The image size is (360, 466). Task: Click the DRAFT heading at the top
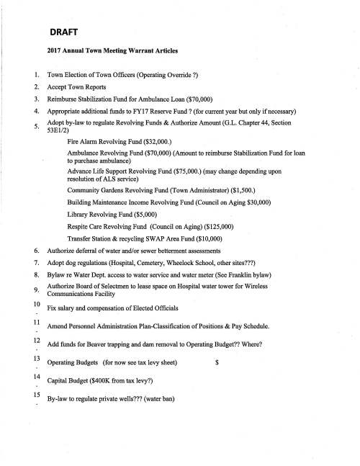pos(65,32)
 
